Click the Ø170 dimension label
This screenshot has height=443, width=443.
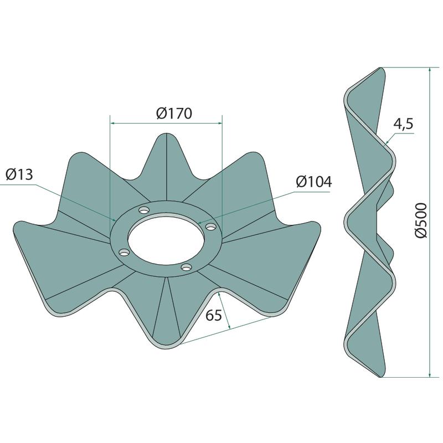(x=174, y=114)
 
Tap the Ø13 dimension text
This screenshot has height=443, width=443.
(x=19, y=174)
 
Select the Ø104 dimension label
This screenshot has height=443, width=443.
(x=314, y=182)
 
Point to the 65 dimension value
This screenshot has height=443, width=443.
(x=214, y=315)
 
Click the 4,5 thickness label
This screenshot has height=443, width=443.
(x=404, y=124)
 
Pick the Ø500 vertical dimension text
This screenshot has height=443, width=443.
(x=421, y=220)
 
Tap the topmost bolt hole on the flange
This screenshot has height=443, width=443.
(x=144, y=210)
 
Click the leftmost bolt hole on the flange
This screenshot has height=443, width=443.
(x=123, y=252)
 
